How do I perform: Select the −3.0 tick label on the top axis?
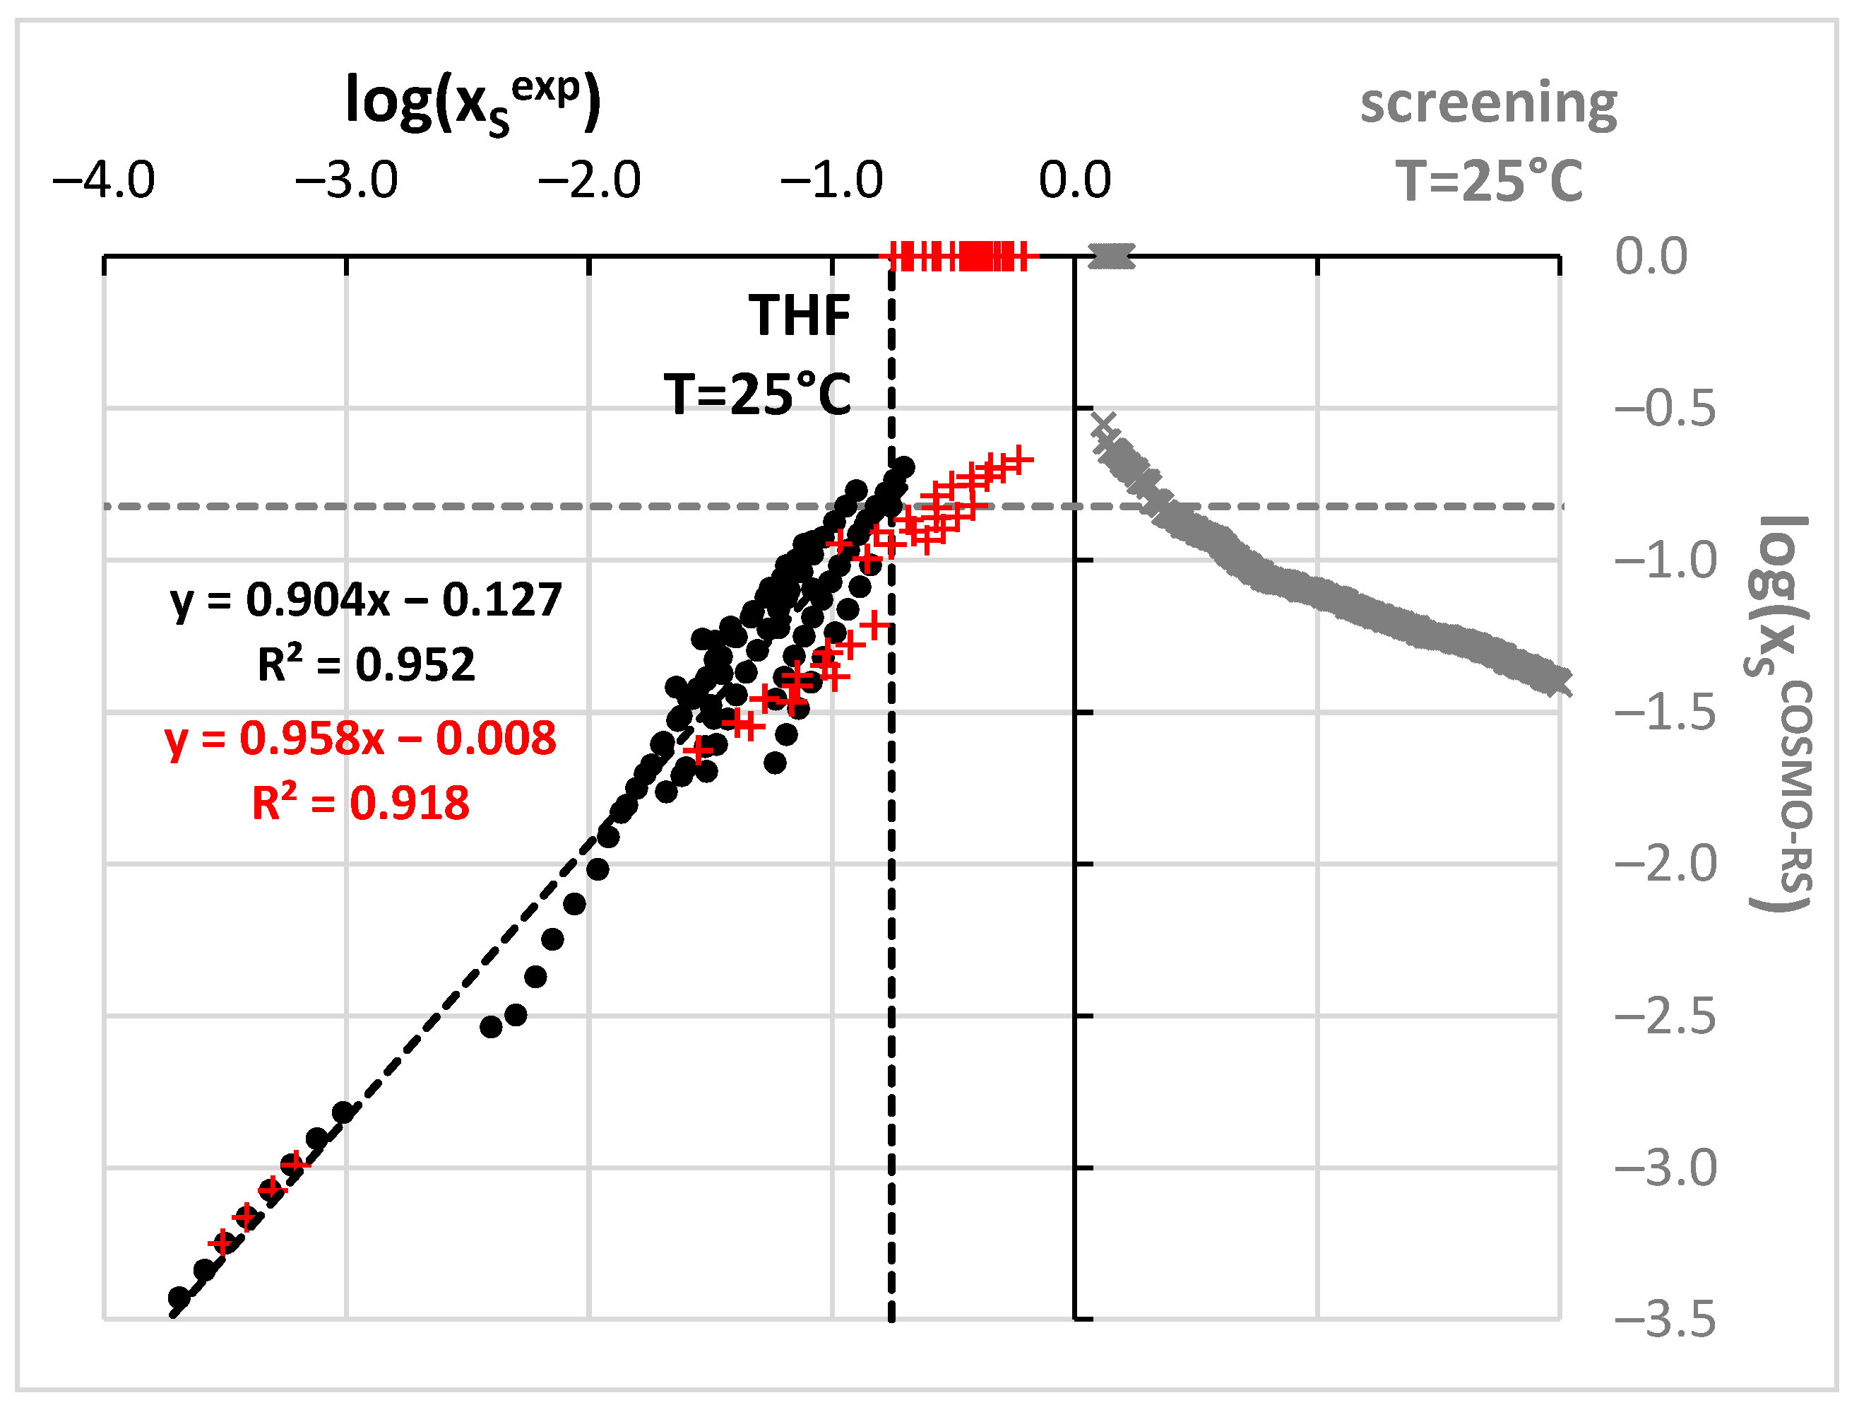coord(346,180)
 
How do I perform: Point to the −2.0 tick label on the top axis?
coord(589,180)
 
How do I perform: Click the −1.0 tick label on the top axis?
coord(831,180)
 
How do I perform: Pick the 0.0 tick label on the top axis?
coord(1075,180)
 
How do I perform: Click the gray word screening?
coord(1488,105)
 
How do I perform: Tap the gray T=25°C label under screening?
coord(1488,181)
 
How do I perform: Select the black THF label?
coord(800,316)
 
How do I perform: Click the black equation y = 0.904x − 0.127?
coord(366,600)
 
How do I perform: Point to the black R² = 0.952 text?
coord(366,665)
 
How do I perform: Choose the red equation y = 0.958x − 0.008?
coord(360,738)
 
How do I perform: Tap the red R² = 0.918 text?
coord(360,803)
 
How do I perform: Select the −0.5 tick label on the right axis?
coord(1664,409)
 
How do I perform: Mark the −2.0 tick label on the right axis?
coord(1664,864)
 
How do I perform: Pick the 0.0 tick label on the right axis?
coord(1651,256)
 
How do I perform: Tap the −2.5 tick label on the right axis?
coord(1664,1016)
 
